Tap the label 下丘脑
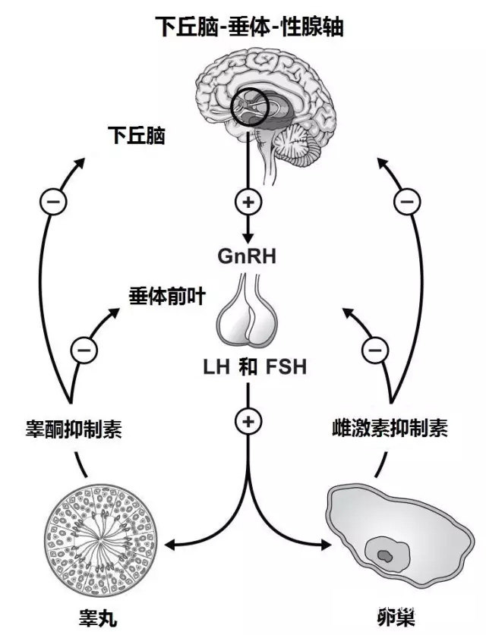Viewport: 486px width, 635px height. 137,137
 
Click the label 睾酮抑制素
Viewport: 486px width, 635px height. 74,430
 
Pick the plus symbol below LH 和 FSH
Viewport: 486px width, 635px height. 248,420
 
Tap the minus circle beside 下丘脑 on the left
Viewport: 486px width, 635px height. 52,203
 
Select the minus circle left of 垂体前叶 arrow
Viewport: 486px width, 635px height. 84,349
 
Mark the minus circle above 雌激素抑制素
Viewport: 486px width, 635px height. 373,349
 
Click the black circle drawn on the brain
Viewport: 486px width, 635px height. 250,108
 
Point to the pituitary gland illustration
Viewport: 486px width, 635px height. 248,314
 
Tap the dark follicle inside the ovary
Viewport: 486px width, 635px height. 386,556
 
